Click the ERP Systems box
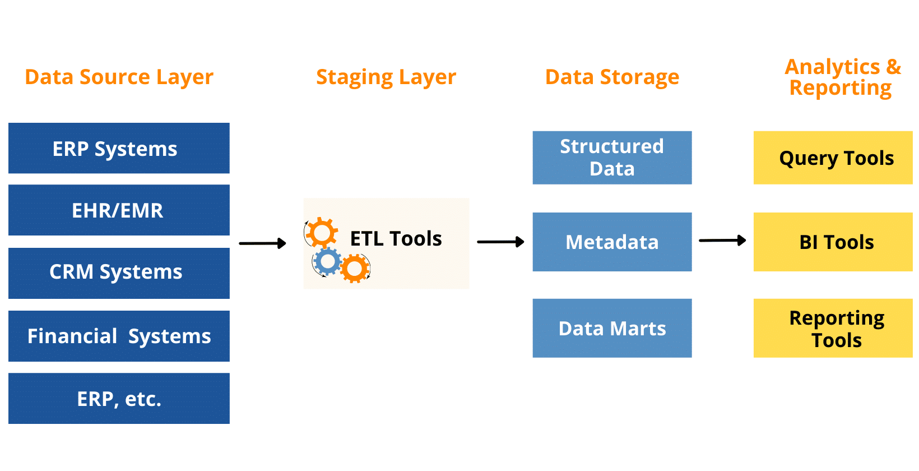pos(119,149)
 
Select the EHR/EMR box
pos(119,210)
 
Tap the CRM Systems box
pos(119,273)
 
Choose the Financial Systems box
pos(119,336)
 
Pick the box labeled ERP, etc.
pos(119,399)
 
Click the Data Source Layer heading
pos(119,77)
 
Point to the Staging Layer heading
pos(386,77)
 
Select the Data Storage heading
pos(612,77)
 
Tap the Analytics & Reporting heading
pos(842,77)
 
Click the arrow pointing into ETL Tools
pos(262,243)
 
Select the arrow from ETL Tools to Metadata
pos(500,242)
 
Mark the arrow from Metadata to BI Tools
pos(722,241)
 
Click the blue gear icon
pos(327,261)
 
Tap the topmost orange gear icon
pos(322,232)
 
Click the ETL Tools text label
pos(396,239)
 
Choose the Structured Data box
pos(612,158)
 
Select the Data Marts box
pos(612,328)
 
